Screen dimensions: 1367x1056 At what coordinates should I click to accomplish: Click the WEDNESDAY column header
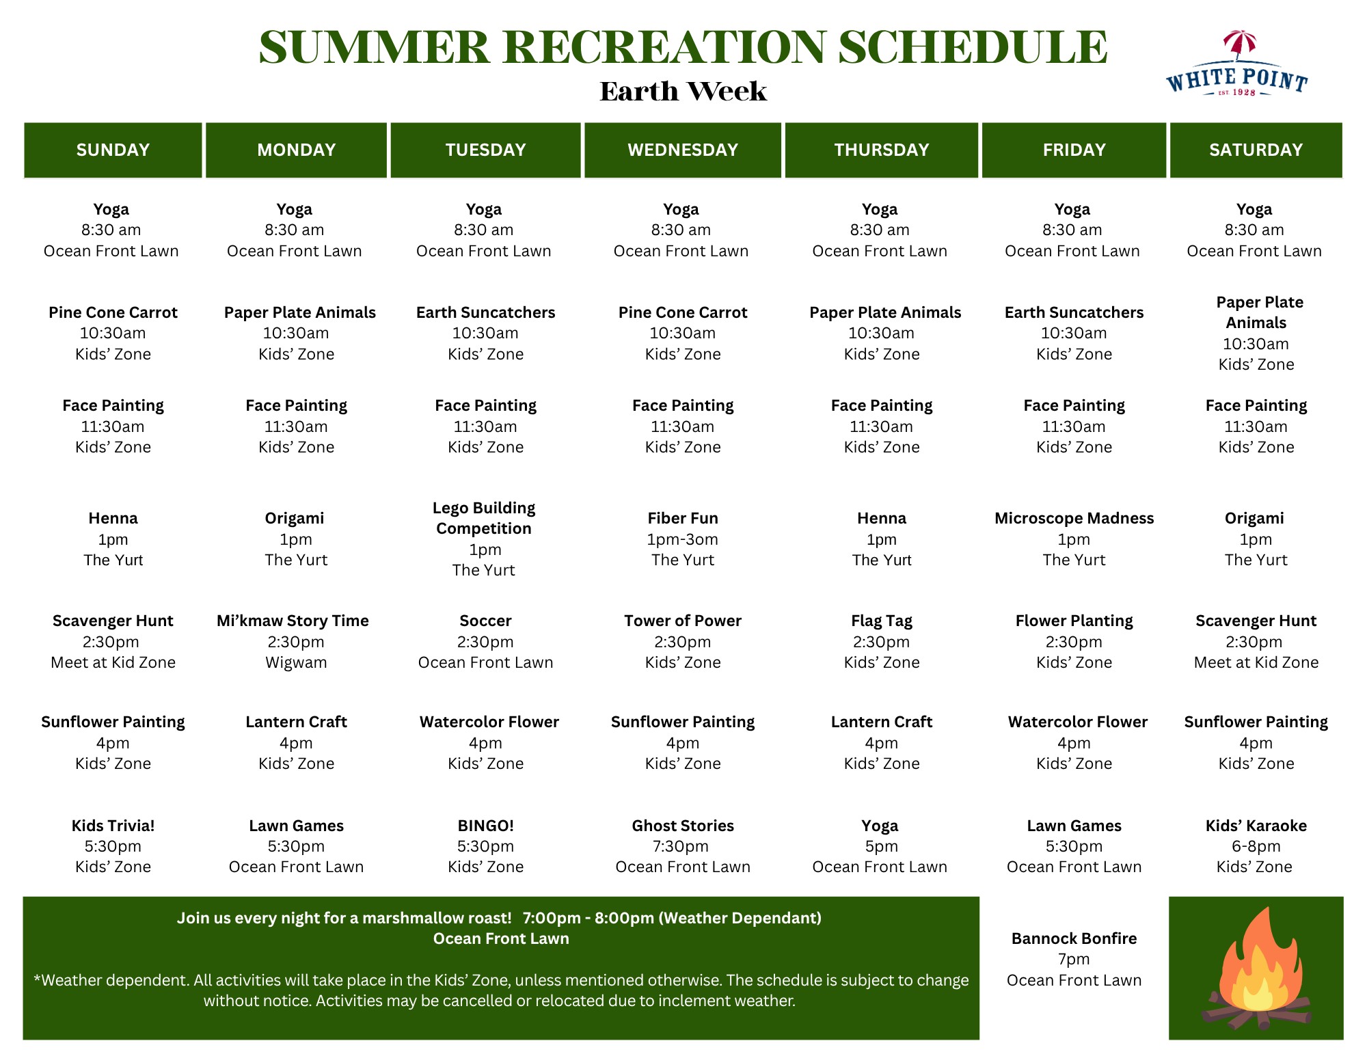click(683, 150)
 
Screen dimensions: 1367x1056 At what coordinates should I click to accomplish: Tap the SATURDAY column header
click(1256, 150)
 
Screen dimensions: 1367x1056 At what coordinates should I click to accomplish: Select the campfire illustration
click(1256, 969)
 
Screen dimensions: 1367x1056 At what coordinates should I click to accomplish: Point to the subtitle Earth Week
click(683, 92)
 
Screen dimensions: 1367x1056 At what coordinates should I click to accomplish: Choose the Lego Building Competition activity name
click(484, 518)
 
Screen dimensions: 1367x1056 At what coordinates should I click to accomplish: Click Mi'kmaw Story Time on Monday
click(293, 621)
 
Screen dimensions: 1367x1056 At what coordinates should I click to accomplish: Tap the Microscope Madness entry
click(1074, 518)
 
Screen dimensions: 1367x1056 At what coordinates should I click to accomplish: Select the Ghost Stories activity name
click(683, 826)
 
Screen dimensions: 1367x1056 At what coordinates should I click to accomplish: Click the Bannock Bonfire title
click(1074, 938)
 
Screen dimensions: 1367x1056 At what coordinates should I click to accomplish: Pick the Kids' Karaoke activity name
click(1256, 826)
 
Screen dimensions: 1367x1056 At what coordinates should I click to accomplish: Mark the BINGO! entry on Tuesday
click(485, 826)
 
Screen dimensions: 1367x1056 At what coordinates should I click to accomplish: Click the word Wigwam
click(296, 662)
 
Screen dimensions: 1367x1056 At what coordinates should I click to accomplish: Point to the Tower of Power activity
click(683, 621)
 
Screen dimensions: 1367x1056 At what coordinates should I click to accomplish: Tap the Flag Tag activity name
click(882, 621)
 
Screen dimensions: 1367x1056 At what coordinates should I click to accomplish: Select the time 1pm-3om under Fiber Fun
click(683, 539)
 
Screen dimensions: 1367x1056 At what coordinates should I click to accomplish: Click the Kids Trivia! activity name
click(113, 826)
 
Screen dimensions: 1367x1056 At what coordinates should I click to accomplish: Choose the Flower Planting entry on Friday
click(1074, 621)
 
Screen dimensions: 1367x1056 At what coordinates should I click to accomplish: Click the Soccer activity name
click(485, 621)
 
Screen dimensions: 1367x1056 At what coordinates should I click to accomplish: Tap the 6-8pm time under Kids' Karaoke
click(1256, 846)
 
